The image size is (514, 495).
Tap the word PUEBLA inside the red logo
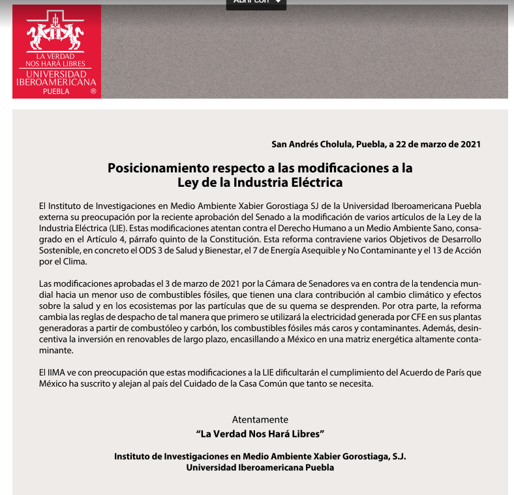pyautogui.click(x=56, y=91)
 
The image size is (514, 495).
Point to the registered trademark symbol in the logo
pyautogui.click(x=93, y=92)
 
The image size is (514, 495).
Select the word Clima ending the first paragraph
pyautogui.click(x=73, y=261)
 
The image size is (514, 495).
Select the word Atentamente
pyautogui.click(x=260, y=419)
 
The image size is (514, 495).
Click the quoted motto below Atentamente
pyautogui.click(x=260, y=433)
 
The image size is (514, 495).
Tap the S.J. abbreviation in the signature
pyautogui.click(x=395, y=456)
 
